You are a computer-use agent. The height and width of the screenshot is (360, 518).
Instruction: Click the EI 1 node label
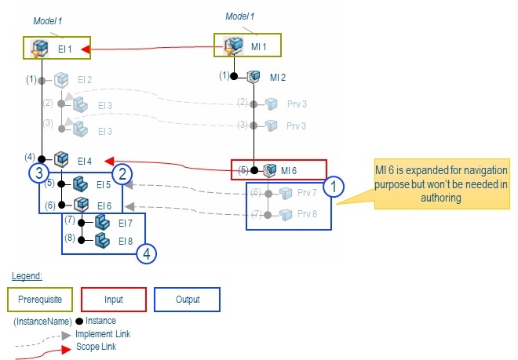64,49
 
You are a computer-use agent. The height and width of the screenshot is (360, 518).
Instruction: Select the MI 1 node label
259,47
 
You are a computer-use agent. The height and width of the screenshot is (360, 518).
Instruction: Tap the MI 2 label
278,78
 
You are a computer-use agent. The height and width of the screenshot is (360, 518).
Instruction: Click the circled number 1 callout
334,187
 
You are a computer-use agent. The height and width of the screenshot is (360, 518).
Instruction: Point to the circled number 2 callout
122,174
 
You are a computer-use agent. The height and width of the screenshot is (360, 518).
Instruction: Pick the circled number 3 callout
39,173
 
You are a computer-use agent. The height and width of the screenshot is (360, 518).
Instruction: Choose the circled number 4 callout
146,253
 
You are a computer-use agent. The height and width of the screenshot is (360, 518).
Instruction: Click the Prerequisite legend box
40,300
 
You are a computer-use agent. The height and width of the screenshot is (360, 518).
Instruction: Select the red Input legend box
114,300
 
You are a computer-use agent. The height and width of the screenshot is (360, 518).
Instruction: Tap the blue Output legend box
188,300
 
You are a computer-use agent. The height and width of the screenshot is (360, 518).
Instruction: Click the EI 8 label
126,242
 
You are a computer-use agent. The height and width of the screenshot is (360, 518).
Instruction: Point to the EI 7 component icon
102,222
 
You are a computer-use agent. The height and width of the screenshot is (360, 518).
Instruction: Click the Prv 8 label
307,214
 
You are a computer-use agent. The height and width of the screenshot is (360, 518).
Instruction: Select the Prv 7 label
307,193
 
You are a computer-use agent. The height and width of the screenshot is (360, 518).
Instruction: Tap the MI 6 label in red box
289,171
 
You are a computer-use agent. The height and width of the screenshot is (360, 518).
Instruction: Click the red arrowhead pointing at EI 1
86,49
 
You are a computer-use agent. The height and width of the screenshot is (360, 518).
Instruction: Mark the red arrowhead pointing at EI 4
109,161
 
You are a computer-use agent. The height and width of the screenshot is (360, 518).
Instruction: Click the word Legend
27,276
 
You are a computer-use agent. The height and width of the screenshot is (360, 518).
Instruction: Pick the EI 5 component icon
80,184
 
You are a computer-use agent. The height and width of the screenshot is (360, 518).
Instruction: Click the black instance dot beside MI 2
234,76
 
